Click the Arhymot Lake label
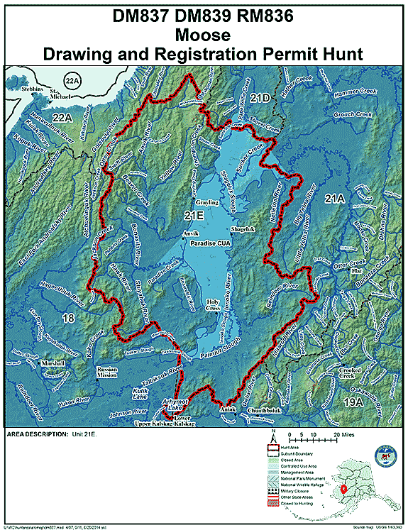[x=175, y=404]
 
